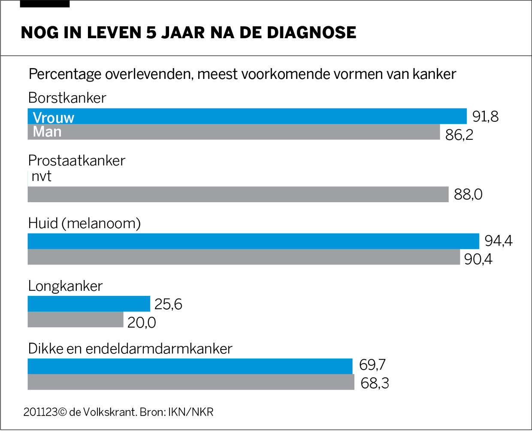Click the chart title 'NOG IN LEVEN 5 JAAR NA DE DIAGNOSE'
(x=188, y=33)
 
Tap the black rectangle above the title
(x=45, y=4)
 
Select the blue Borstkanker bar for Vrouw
(x=257, y=116)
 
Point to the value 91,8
(x=485, y=117)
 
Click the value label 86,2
(x=459, y=135)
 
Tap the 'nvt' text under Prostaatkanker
(x=42, y=176)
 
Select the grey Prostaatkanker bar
(x=238, y=194)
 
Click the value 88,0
(x=468, y=195)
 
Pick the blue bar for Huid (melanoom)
(x=253, y=241)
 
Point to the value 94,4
(x=499, y=241)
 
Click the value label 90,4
(x=478, y=259)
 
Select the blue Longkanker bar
(x=89, y=304)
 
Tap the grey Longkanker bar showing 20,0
(x=76, y=320)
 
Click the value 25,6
(x=168, y=304)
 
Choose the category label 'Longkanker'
(x=65, y=286)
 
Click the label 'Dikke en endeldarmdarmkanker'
(x=130, y=349)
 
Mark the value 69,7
(x=372, y=365)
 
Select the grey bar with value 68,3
(x=191, y=382)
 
